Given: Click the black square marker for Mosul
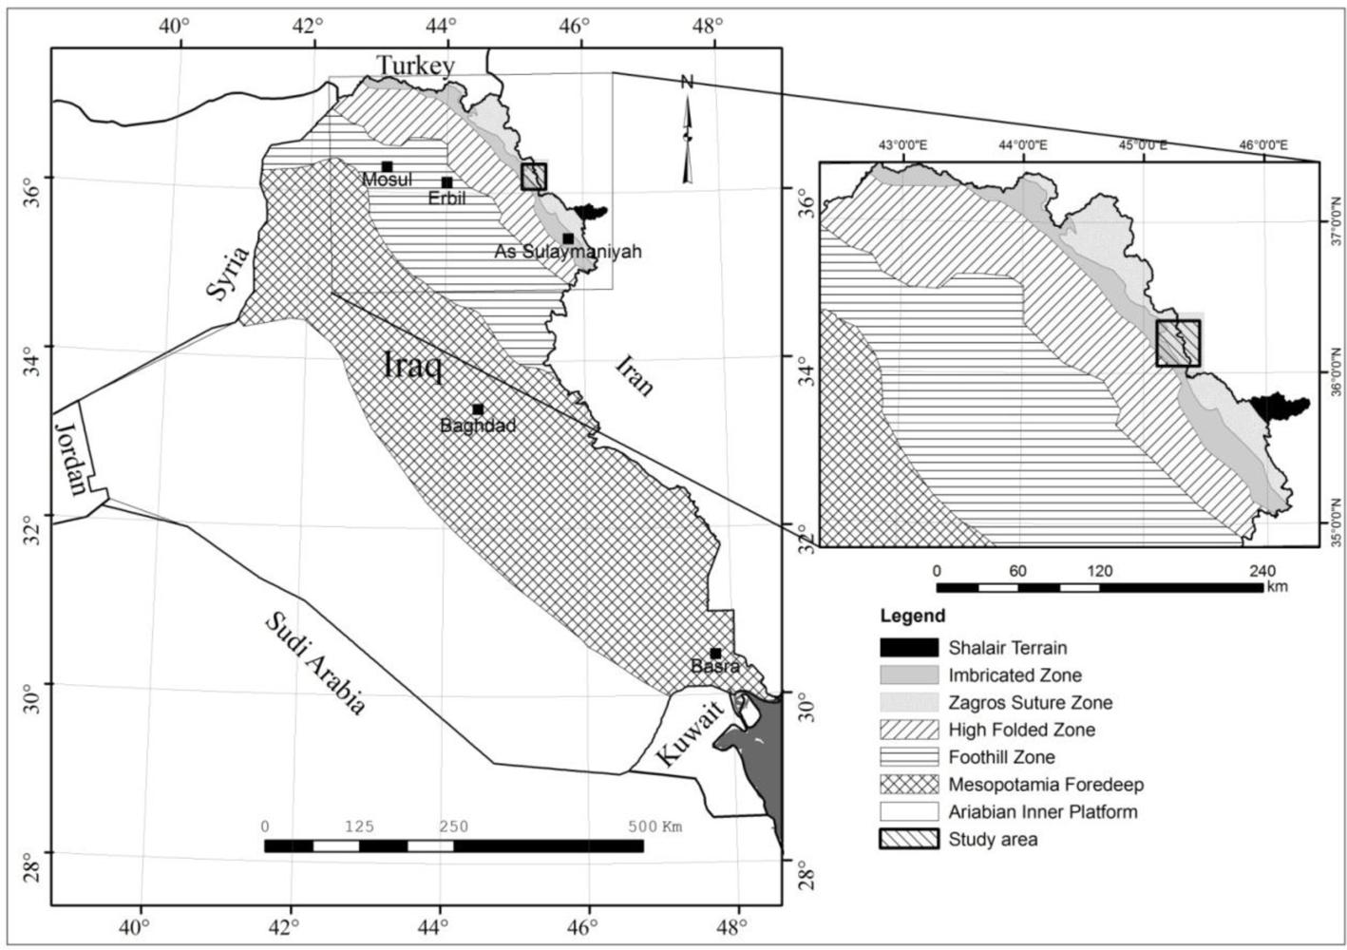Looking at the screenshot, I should (387, 167).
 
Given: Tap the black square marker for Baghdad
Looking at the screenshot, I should (478, 409).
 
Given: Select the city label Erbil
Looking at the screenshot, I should (446, 199).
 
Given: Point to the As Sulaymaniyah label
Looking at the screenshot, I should (568, 252).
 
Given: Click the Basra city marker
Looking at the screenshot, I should (715, 654).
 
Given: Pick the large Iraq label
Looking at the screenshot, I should (412, 364).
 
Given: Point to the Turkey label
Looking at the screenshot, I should (415, 66).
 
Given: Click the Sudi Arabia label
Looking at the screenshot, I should (313, 663).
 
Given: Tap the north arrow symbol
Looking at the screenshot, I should (687, 133).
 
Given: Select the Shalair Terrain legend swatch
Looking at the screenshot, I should (908, 648).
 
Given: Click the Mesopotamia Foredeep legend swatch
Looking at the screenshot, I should (908, 785).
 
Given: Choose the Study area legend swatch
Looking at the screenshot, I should (908, 840).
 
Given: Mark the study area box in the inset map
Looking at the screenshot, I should (1178, 343).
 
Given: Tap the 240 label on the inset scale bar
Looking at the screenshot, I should (1262, 571).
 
